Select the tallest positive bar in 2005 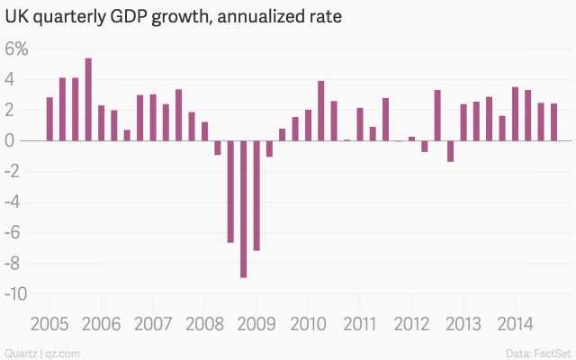[88, 99]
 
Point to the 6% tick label [17, 49]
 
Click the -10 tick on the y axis [18, 293]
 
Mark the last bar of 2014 [553, 122]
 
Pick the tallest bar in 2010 [320, 111]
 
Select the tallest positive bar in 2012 [436, 115]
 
